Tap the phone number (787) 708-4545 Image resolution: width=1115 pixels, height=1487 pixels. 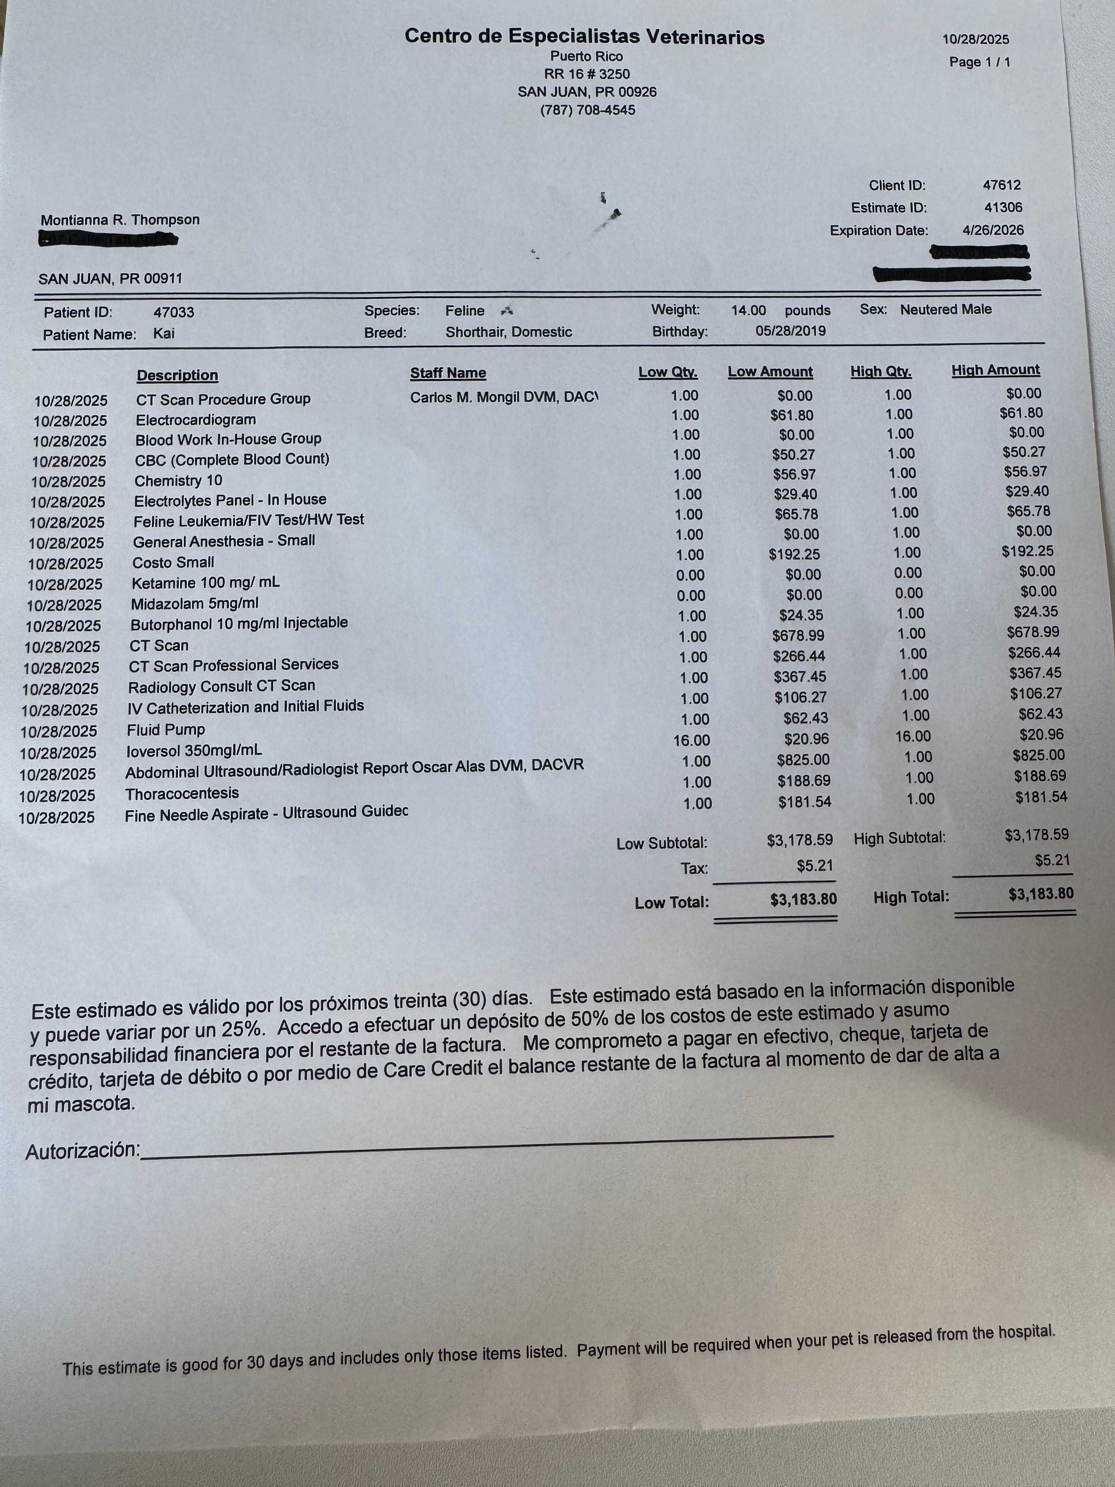[587, 110]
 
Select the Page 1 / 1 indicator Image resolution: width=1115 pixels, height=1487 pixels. [979, 62]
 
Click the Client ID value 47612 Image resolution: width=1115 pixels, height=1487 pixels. [1001, 185]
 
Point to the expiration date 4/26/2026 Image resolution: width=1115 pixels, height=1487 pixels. [993, 230]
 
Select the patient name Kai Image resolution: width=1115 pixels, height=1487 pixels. [164, 333]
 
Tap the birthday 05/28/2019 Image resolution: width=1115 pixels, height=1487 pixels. [791, 331]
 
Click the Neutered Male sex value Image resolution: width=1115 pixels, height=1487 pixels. [946, 309]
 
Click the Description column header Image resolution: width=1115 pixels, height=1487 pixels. [177, 375]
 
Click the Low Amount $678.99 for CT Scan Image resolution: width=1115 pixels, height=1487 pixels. [798, 635]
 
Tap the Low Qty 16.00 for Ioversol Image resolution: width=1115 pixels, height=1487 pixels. [692, 740]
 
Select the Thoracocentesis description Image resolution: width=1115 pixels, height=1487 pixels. [182, 794]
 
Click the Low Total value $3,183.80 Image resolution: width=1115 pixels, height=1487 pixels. [803, 899]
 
